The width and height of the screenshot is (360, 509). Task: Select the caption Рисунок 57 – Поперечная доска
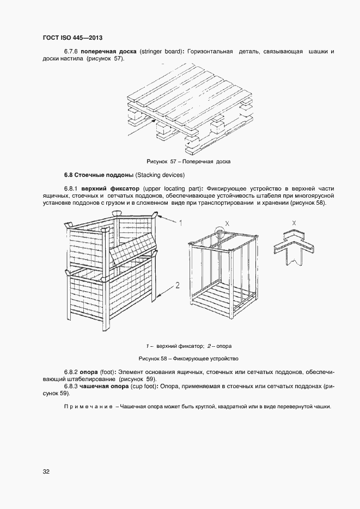[x=188, y=162]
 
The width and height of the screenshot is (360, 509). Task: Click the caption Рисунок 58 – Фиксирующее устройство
[x=188, y=359]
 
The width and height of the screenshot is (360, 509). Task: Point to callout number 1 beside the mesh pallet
[x=181, y=223]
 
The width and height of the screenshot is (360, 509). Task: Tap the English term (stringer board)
[x=162, y=52]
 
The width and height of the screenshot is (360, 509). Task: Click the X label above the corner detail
[x=294, y=223]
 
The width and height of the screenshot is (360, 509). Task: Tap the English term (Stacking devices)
[x=160, y=175]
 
